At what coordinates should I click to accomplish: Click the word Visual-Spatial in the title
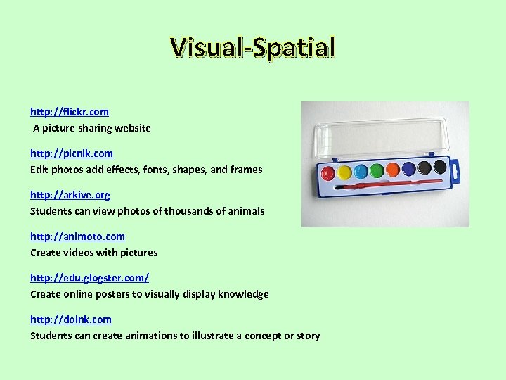(x=253, y=47)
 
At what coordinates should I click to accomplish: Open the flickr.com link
(x=69, y=111)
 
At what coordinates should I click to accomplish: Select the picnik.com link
(x=71, y=153)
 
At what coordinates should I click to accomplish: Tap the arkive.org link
(x=70, y=194)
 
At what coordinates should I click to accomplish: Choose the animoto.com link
(x=77, y=236)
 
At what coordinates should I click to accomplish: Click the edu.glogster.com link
(x=89, y=277)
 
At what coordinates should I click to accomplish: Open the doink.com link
(x=70, y=319)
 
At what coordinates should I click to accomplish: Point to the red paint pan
(x=328, y=173)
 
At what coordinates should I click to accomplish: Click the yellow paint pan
(x=344, y=172)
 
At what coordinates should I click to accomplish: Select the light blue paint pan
(x=361, y=170)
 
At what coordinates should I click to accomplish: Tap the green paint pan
(x=377, y=170)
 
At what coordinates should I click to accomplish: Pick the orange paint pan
(x=393, y=169)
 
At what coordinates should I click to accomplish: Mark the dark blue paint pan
(x=408, y=168)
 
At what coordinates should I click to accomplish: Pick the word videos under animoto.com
(x=80, y=252)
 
